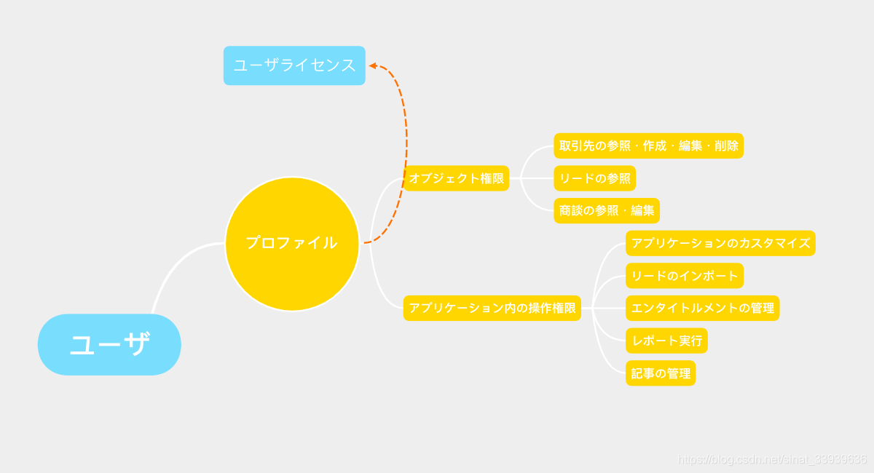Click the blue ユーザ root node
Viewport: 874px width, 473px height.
click(109, 344)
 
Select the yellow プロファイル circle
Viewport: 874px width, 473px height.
click(292, 243)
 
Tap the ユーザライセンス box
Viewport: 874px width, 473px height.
click(294, 65)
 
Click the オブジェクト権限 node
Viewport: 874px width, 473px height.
click(456, 178)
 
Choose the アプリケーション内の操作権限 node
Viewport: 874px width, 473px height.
click(492, 308)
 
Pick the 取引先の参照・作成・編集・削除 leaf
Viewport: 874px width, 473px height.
click(648, 146)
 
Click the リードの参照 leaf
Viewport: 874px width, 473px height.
click(594, 178)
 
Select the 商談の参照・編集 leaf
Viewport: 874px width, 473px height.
click(606, 211)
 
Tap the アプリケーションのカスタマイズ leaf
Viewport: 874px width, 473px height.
click(720, 243)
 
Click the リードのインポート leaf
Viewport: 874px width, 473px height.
click(684, 276)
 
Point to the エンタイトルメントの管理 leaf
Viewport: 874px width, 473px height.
click(702, 308)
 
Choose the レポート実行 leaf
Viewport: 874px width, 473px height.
click(666, 341)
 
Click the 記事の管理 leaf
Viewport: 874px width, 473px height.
click(661, 373)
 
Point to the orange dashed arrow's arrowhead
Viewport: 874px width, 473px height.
click(372, 66)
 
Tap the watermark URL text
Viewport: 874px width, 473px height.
click(772, 459)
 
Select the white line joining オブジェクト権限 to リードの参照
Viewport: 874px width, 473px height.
click(531, 178)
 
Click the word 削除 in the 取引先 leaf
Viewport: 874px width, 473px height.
click(726, 146)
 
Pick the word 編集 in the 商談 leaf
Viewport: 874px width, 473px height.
click(642, 211)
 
